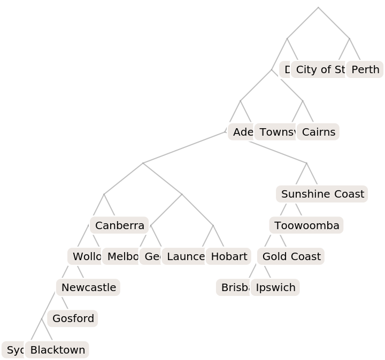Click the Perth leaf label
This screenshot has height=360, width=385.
[365, 69]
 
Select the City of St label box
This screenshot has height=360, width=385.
[320, 69]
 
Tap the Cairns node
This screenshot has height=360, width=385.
[318, 132]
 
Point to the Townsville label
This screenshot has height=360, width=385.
[275, 132]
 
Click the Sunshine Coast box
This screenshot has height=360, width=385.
[322, 194]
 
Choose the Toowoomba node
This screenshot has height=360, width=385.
[306, 225]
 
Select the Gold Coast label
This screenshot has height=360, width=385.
[291, 256]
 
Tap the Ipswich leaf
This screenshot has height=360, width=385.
[275, 287]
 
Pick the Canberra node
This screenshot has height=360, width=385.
[119, 225]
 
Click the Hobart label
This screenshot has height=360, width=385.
[229, 256]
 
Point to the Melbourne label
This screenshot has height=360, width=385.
[121, 256]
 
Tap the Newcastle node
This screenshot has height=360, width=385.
[88, 287]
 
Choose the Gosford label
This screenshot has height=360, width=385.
[73, 318]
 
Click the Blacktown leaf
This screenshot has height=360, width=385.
[57, 350]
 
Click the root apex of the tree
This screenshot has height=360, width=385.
[318, 7]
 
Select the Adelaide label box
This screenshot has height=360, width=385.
[241, 132]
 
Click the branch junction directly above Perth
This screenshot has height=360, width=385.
[350, 38]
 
